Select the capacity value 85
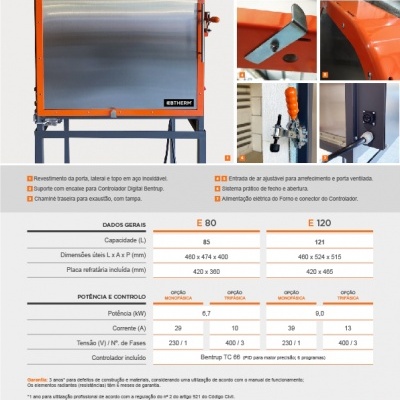pos(206,242)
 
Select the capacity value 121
pos(319,242)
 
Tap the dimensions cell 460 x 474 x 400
pos(206,257)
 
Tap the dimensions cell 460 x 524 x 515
pos(319,257)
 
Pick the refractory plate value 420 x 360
pos(206,271)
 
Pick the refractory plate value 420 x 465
pos(319,271)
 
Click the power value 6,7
pos(206,313)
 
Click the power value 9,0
pos(319,313)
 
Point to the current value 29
pos(177,328)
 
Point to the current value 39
pos(290,328)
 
